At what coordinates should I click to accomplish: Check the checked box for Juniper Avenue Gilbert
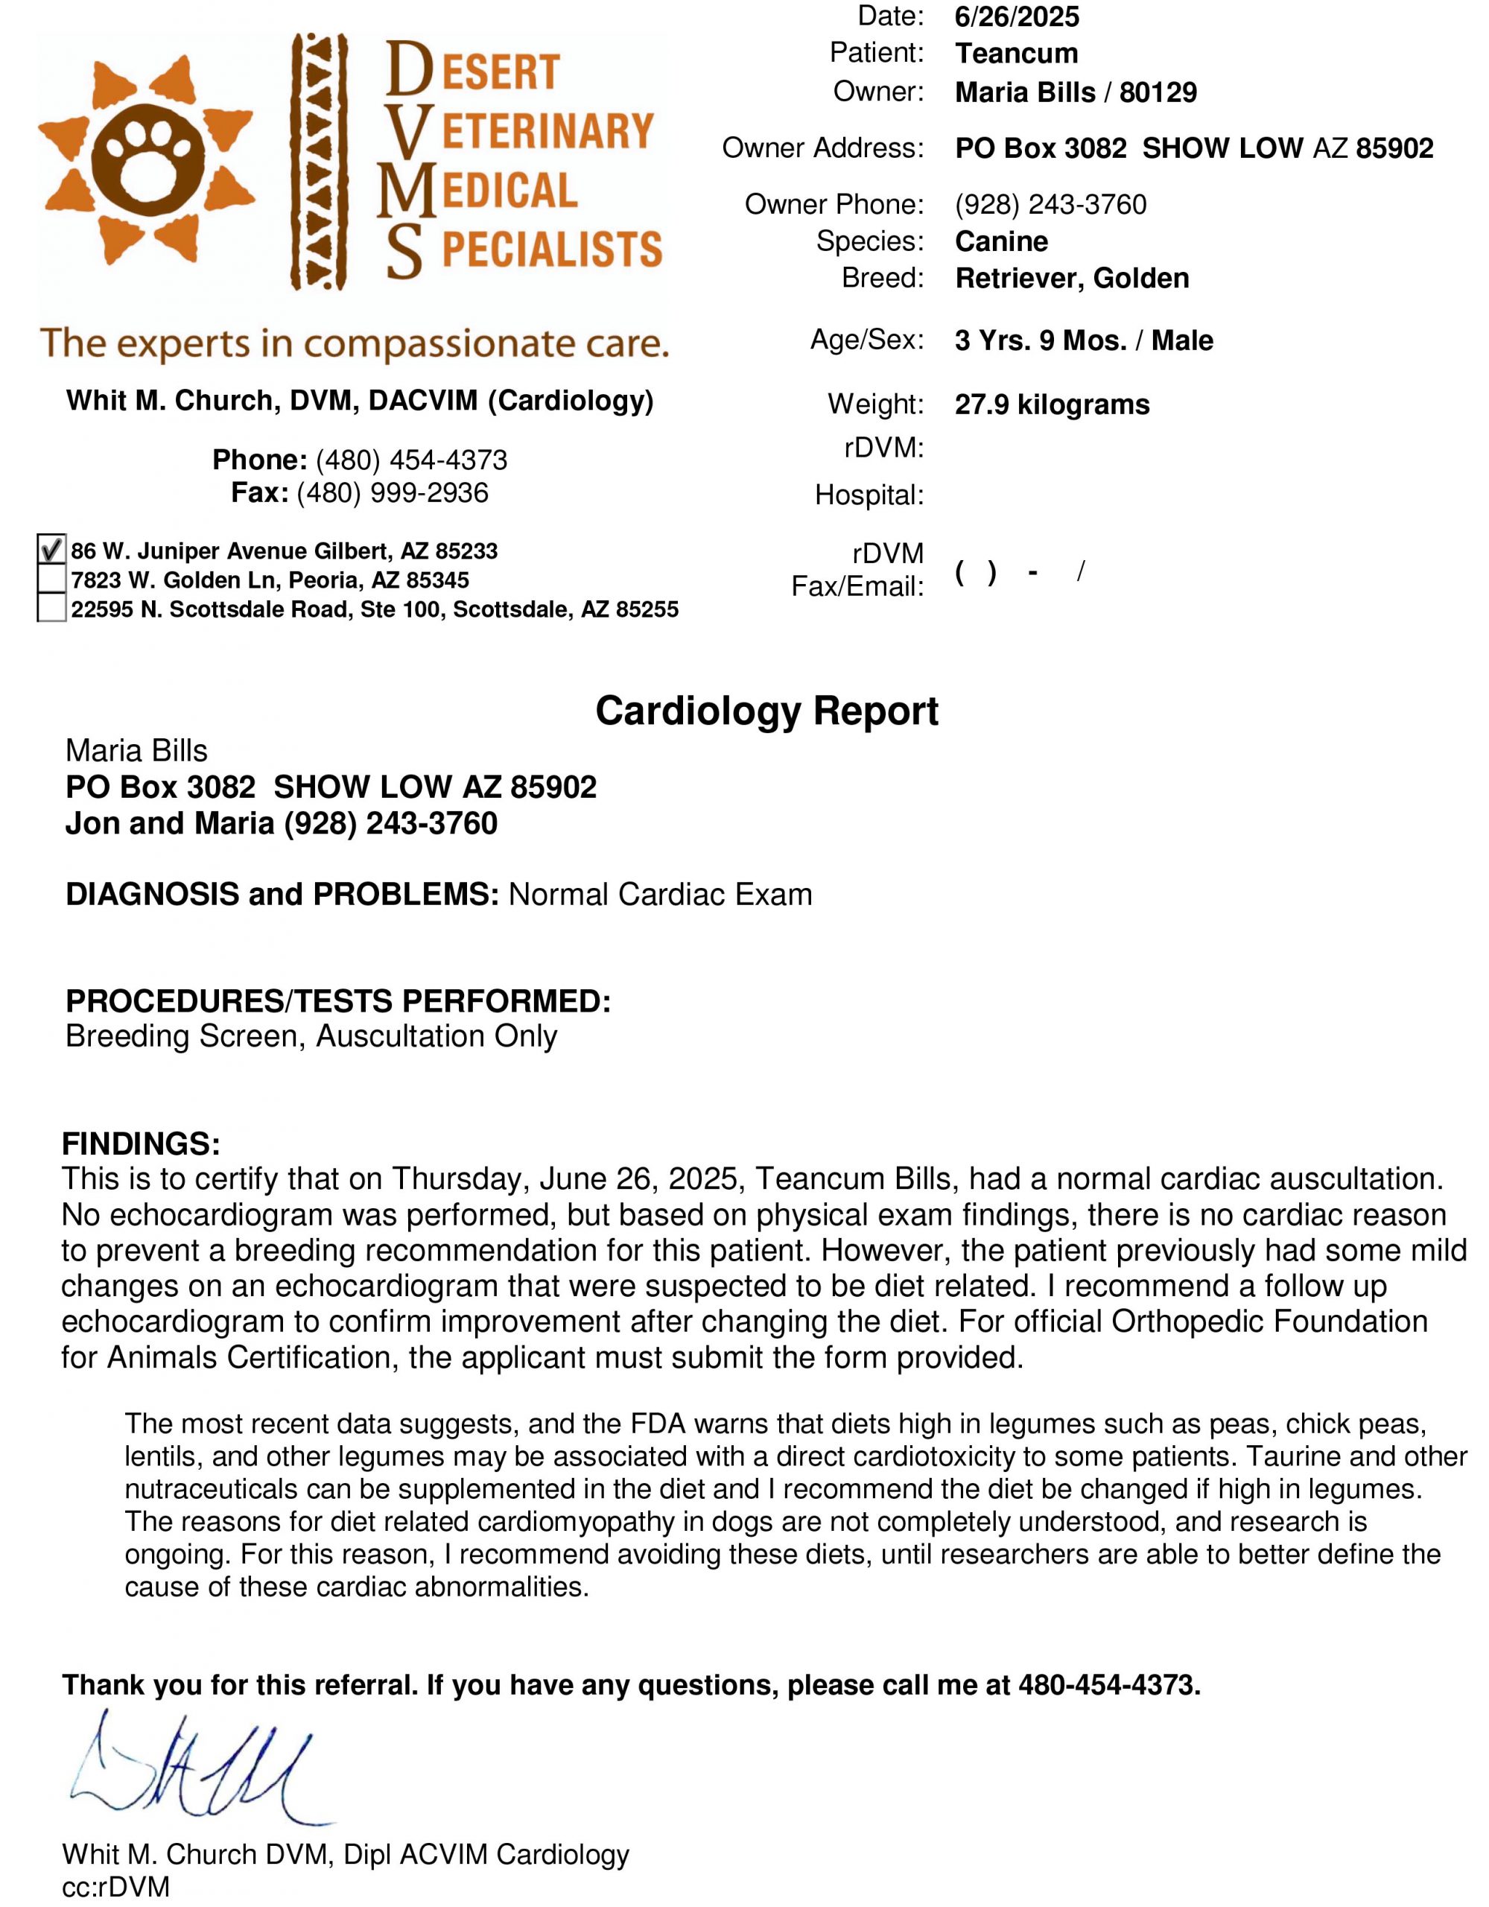coord(51,550)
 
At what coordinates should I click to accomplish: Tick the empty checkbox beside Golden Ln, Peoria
coord(51,579)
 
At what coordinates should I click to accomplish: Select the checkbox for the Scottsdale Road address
coord(51,608)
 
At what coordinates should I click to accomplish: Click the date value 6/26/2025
coord(1017,16)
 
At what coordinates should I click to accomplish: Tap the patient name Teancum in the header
coord(1016,54)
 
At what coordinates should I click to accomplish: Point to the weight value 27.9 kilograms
coord(1052,404)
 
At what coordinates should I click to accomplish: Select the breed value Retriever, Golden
coord(1072,278)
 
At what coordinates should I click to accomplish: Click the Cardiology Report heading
coord(766,711)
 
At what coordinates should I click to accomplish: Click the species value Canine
coord(1001,241)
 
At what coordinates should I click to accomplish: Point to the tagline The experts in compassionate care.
coord(354,343)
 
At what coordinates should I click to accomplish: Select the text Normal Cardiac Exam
coord(660,894)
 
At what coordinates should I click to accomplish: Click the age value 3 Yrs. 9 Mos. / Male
coord(1083,340)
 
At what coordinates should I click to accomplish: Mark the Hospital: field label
coord(869,495)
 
